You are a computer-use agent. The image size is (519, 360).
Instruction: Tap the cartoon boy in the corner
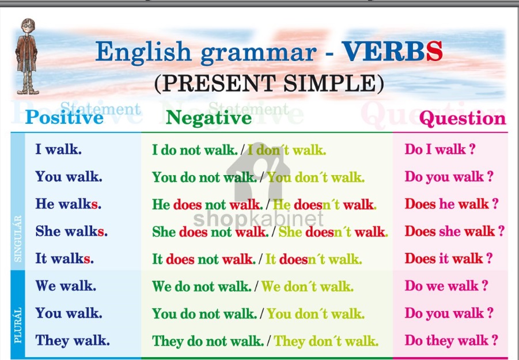(x=26, y=56)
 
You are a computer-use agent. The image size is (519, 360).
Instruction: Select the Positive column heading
(x=64, y=118)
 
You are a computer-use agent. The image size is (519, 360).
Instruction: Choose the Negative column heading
(x=209, y=118)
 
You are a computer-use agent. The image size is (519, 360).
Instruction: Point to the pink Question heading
(x=463, y=118)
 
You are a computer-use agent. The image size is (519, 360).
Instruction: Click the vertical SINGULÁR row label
(x=17, y=238)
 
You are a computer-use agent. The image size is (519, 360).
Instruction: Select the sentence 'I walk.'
(x=58, y=150)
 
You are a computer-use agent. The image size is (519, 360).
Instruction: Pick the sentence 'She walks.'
(x=71, y=232)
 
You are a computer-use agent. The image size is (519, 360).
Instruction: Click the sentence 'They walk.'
(x=72, y=340)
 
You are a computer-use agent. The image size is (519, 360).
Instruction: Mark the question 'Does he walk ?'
(x=452, y=204)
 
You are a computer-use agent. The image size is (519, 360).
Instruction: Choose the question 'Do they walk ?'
(x=452, y=340)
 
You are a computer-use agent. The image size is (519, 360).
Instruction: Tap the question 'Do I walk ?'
(x=440, y=150)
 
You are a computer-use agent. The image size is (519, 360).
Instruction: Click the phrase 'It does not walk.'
(x=203, y=259)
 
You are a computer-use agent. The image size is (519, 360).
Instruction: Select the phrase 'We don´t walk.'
(x=308, y=286)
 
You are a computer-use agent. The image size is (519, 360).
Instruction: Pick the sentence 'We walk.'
(x=66, y=286)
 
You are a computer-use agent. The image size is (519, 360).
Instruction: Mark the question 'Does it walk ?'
(x=449, y=259)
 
